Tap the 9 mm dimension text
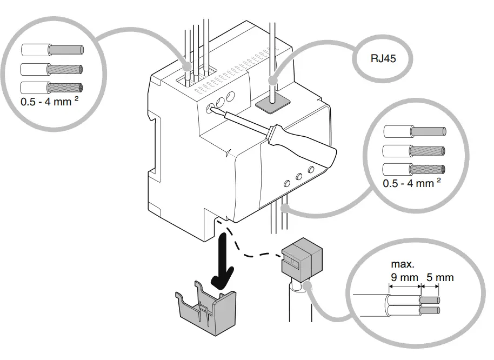click(403, 277)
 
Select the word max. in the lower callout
click(402, 265)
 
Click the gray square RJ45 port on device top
click(273, 103)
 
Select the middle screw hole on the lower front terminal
click(298, 176)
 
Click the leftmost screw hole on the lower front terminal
click(284, 183)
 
